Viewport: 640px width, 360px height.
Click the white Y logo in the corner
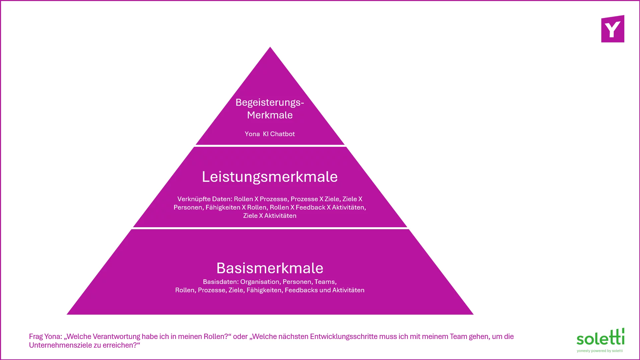click(x=613, y=30)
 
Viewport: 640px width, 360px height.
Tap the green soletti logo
click(x=600, y=337)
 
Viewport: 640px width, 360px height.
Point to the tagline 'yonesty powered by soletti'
click(x=600, y=351)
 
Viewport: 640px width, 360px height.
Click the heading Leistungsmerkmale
click(x=270, y=177)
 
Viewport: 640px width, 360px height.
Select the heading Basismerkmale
click(x=270, y=268)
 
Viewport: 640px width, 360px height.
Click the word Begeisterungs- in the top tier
click(x=270, y=103)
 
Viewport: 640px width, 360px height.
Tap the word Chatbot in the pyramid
click(x=282, y=134)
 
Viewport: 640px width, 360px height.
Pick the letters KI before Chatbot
click(x=266, y=134)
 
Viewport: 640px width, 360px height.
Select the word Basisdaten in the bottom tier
click(x=221, y=282)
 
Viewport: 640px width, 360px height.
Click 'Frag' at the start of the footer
click(x=36, y=337)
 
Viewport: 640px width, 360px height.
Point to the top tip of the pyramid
click(x=270, y=47)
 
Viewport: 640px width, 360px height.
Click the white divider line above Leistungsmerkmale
click(x=270, y=146)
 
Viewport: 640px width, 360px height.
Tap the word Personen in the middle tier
click(x=188, y=208)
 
